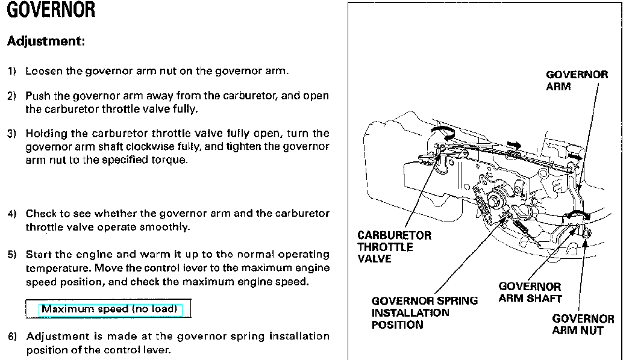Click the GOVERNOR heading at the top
pos(51,10)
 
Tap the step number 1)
pos(12,71)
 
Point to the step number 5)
pos(12,255)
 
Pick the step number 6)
pos(12,337)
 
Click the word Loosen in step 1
pos(44,71)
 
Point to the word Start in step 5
pos(38,255)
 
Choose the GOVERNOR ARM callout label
pos(577,81)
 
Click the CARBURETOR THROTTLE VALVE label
pos(394,247)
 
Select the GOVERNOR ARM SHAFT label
pos(530,293)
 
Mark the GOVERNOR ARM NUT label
pos(583,325)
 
